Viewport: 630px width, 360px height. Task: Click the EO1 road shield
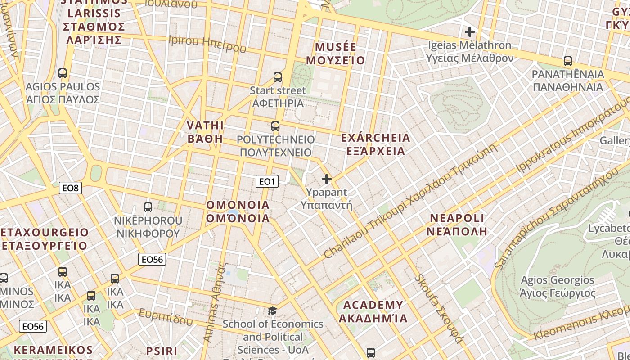[267, 181]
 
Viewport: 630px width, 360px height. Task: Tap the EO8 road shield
[70, 188]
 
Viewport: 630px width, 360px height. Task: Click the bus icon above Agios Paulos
[63, 73]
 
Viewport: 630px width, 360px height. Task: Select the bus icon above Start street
[278, 77]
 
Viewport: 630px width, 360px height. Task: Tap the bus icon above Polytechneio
[275, 126]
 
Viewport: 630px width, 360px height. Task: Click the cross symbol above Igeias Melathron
[470, 32]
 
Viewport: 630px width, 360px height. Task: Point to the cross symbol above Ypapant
[327, 180]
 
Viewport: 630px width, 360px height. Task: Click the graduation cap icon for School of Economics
[272, 310]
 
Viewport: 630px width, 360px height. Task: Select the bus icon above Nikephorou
[148, 207]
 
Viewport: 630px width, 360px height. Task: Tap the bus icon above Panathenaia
[568, 61]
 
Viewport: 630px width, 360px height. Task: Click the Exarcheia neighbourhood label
[376, 144]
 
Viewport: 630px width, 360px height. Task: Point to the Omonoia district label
[238, 211]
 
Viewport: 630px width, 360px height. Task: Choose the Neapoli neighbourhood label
[457, 225]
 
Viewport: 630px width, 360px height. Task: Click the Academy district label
[373, 311]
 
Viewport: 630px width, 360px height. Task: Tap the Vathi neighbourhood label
[205, 131]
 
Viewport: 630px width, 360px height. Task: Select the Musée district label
[336, 54]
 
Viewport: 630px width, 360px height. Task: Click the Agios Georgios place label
[557, 287]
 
